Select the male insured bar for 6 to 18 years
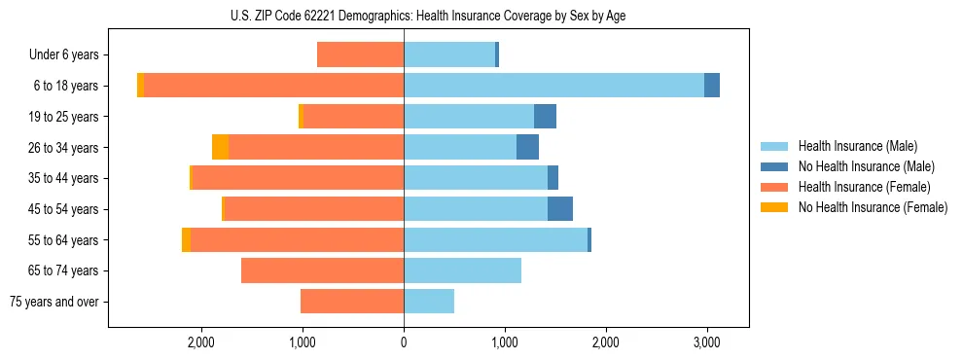tap(553, 86)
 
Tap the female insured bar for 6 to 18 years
tap(273, 86)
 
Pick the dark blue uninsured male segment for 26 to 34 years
tap(527, 147)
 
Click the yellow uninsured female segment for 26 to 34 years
tap(220, 147)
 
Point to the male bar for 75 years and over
tap(429, 302)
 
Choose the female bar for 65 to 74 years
tap(322, 270)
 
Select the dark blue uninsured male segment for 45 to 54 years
tap(560, 209)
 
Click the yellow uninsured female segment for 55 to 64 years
tap(186, 239)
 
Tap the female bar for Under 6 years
tap(360, 54)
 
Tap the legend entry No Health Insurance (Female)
tap(873, 206)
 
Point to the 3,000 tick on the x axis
tap(706, 342)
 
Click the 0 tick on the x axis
tap(404, 342)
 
